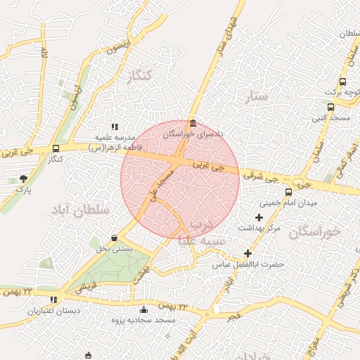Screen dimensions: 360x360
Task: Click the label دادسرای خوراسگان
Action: [193, 133]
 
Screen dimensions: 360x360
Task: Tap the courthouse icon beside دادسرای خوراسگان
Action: [193, 122]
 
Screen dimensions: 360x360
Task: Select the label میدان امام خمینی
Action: [289, 202]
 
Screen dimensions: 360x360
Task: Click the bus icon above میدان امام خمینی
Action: [288, 192]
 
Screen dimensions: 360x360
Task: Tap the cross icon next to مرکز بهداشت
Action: [259, 218]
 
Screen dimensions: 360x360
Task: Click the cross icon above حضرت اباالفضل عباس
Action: [247, 253]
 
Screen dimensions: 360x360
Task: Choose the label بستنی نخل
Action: [114, 249]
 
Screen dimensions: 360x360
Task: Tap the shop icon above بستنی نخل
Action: [115, 238]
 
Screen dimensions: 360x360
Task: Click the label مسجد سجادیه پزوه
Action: [144, 321]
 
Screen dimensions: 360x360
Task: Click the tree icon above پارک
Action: [24, 179]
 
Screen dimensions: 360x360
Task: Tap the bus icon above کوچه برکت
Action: [342, 82]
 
